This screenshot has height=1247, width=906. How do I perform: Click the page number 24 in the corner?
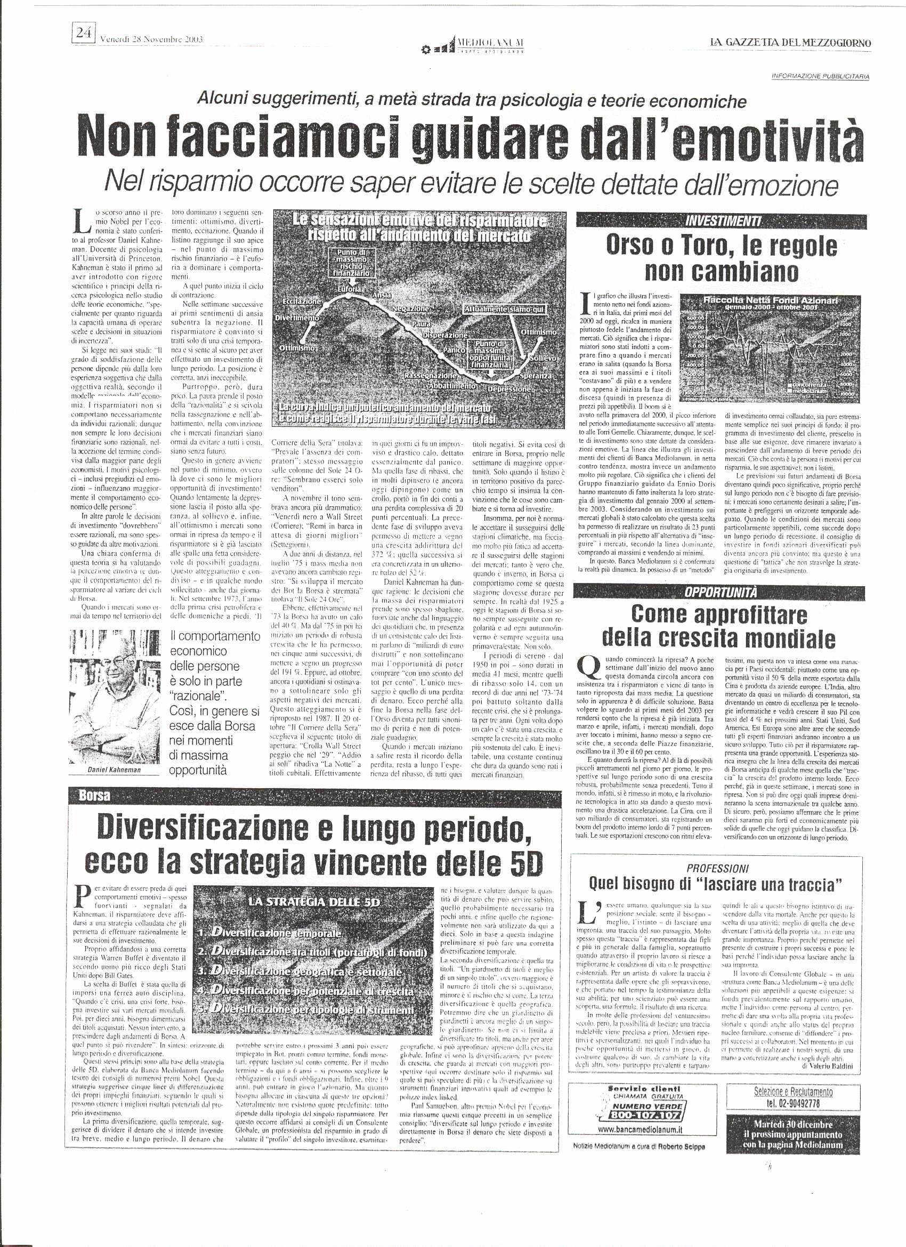pyautogui.click(x=84, y=33)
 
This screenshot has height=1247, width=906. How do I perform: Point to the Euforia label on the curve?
pyautogui.click(x=350, y=289)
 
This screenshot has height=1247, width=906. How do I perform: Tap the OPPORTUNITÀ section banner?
pyautogui.click(x=721, y=592)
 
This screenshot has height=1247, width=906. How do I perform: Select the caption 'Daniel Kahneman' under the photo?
pyautogui.click(x=115, y=770)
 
